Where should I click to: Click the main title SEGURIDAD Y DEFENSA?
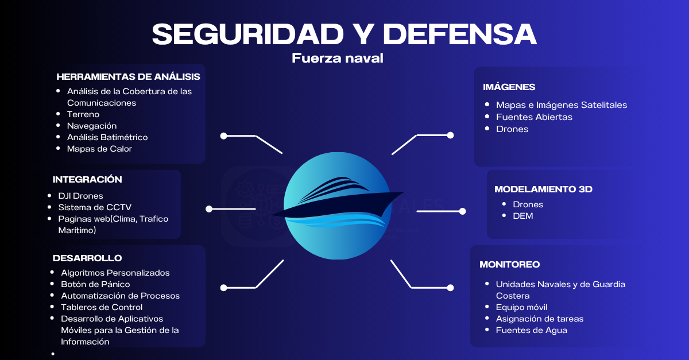pos(344,34)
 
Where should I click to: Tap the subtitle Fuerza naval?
pos(338,58)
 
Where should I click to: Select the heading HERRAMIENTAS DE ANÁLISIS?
pos(128,76)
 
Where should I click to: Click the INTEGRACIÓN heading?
pos(87,179)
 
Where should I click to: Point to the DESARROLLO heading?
pos(87,258)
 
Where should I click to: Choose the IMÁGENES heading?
pos(509,87)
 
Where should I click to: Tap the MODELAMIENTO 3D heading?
pos(544,189)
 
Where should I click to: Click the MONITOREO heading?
pos(510,264)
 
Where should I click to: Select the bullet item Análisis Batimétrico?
pos(107,137)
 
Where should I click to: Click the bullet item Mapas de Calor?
pos(100,149)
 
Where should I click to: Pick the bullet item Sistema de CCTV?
pos(95,207)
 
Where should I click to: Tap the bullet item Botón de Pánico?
pos(95,284)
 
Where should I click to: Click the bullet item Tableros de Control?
pos(102,307)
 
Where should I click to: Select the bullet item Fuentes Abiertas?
pos(535,117)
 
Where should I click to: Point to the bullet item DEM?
pos(523,216)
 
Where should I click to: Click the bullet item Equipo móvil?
pos(522,307)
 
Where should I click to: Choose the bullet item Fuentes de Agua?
pos(532,330)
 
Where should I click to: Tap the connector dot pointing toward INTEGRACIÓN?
pos(209,209)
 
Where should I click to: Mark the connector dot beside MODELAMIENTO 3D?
pos(462,211)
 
